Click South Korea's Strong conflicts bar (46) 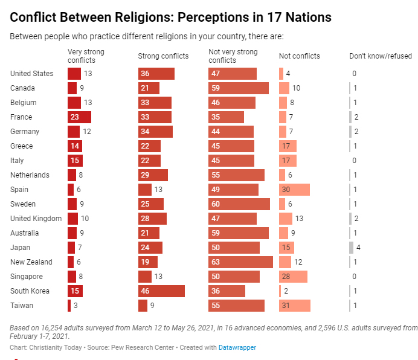(161, 291)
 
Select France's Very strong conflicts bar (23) (79, 117)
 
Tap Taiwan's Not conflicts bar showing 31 (295, 306)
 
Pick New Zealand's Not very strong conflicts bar (240, 262)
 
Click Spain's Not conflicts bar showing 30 (294, 190)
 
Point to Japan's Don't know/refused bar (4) (351, 248)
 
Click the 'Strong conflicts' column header (163, 56)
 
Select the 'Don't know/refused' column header (381, 56)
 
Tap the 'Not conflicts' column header (299, 56)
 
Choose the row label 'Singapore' (27, 277)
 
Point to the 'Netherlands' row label (30, 175)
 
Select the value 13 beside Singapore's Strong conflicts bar (159, 277)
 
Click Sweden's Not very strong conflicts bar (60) (239, 204)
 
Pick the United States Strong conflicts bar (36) (156, 74)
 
